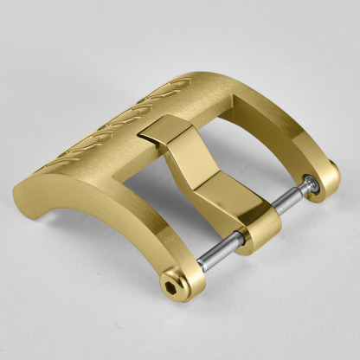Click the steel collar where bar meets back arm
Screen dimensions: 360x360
click(309, 184)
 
